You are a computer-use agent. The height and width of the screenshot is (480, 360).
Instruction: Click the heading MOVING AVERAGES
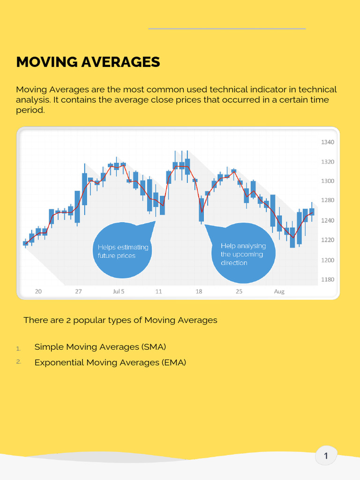[x=88, y=62]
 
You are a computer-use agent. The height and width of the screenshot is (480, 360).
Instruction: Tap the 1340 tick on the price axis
[x=328, y=142]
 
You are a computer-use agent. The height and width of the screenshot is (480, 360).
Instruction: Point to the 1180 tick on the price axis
[x=328, y=279]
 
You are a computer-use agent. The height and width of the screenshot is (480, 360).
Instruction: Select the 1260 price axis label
[x=328, y=220]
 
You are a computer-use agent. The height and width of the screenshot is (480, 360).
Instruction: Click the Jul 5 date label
[x=119, y=292]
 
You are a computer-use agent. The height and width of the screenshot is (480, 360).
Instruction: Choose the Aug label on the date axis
[x=279, y=292]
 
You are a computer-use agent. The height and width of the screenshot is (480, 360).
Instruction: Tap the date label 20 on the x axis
[x=38, y=292]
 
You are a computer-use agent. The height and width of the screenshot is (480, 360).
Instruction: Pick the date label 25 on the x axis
[x=239, y=292]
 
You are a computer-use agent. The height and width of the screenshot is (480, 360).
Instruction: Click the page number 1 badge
[x=326, y=456]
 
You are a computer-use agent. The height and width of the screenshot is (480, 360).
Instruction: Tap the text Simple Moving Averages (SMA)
[x=100, y=347]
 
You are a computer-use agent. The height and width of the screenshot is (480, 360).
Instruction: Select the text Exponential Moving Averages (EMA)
[x=110, y=362]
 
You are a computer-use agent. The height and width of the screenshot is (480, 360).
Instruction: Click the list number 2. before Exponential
[x=19, y=362]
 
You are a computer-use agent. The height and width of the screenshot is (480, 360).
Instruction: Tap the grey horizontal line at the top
[x=227, y=29]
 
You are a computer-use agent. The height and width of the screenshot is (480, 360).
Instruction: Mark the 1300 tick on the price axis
[x=328, y=181]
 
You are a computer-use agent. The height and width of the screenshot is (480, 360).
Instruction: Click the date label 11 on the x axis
[x=158, y=292]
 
